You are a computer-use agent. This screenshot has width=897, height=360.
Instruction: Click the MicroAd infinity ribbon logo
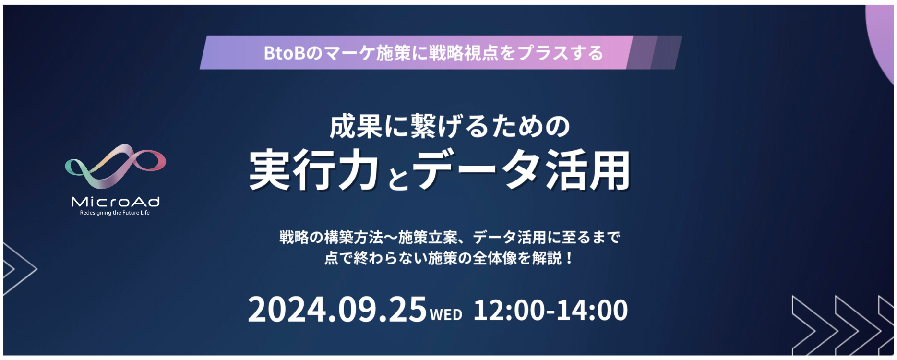tap(115, 165)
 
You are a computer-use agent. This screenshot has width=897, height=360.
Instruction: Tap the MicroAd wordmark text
tap(115, 202)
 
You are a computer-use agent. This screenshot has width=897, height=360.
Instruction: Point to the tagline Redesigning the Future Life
tap(115, 213)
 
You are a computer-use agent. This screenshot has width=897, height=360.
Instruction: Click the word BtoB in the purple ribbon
tap(285, 53)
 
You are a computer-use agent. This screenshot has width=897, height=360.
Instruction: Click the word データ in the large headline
tap(477, 170)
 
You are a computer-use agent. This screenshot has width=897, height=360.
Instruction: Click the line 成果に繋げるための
tap(450, 127)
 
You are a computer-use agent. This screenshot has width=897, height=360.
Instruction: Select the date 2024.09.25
tap(337, 310)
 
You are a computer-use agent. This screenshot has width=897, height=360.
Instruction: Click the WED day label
tap(446, 314)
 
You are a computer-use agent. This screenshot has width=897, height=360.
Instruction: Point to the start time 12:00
tap(509, 310)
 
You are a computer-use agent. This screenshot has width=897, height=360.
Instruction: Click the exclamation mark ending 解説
tap(569, 258)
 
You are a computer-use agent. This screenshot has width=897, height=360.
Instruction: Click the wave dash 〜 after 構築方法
tap(391, 237)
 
